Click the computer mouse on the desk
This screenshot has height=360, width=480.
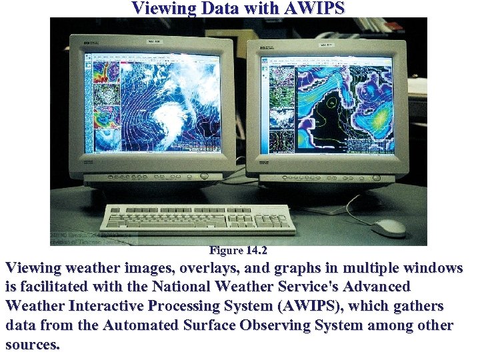[x=389, y=227]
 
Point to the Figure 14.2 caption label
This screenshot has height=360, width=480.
[x=239, y=251]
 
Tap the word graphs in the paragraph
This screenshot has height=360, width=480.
[x=288, y=269]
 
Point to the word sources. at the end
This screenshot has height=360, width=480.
[x=32, y=345]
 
